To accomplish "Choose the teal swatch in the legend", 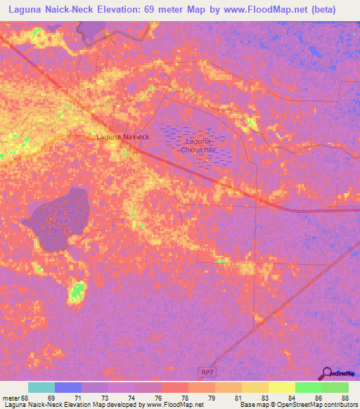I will click(x=41, y=387).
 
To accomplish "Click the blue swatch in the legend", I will click(x=68, y=387).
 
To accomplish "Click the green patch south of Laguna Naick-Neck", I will click(x=77, y=290).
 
